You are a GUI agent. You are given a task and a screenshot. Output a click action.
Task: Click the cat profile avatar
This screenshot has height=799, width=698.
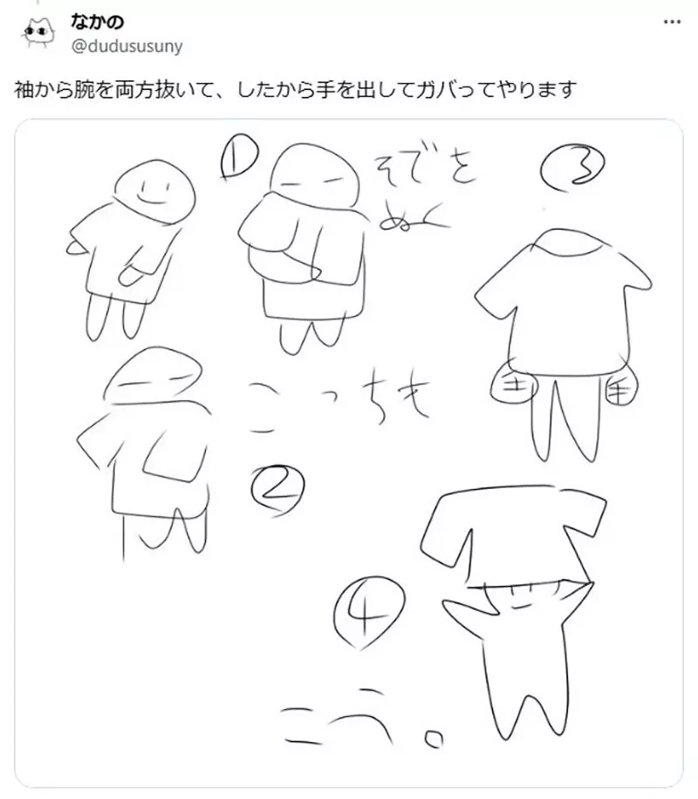coord(36,32)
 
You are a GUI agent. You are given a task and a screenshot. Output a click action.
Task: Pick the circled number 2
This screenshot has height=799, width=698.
coord(277,487)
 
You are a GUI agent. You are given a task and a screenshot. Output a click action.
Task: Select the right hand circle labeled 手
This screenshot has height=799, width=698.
coord(621,389)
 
